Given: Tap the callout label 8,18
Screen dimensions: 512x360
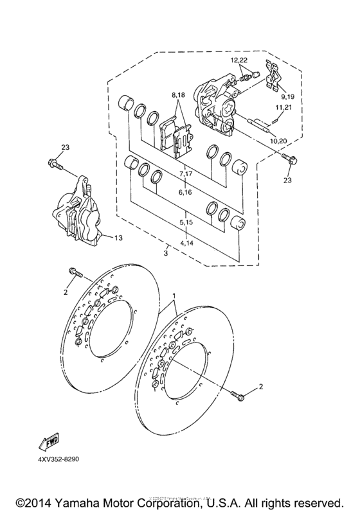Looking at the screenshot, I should pos(177,95).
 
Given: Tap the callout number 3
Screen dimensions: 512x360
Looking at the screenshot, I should pos(166,254).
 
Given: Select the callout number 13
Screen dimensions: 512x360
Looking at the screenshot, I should pos(118,238).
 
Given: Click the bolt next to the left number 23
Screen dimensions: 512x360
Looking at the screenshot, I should pos(55,164).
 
